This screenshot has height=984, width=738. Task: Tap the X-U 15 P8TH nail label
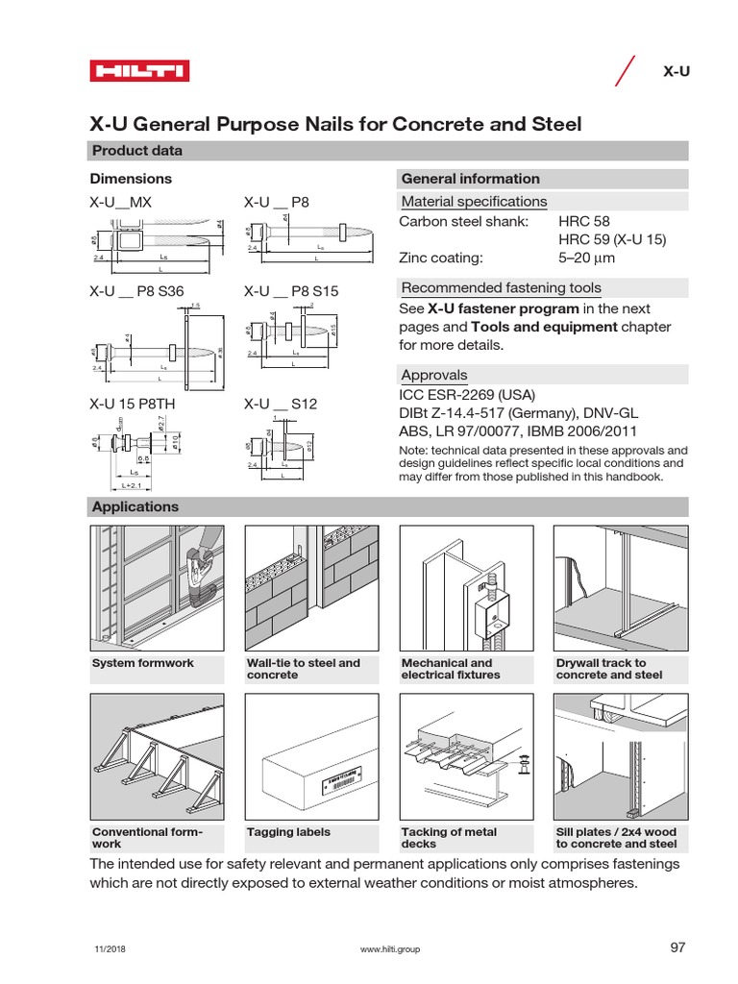pos(132,405)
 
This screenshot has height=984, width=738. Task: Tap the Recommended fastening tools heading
pos(501,288)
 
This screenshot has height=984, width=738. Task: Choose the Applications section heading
pos(135,506)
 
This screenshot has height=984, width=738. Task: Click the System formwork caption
pos(143,663)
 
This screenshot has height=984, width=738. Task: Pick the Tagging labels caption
pos(288,832)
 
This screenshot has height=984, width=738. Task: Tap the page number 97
pos(677,947)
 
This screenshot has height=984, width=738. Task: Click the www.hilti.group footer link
pos(389,949)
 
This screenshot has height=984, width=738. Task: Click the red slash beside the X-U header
pos(625,72)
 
